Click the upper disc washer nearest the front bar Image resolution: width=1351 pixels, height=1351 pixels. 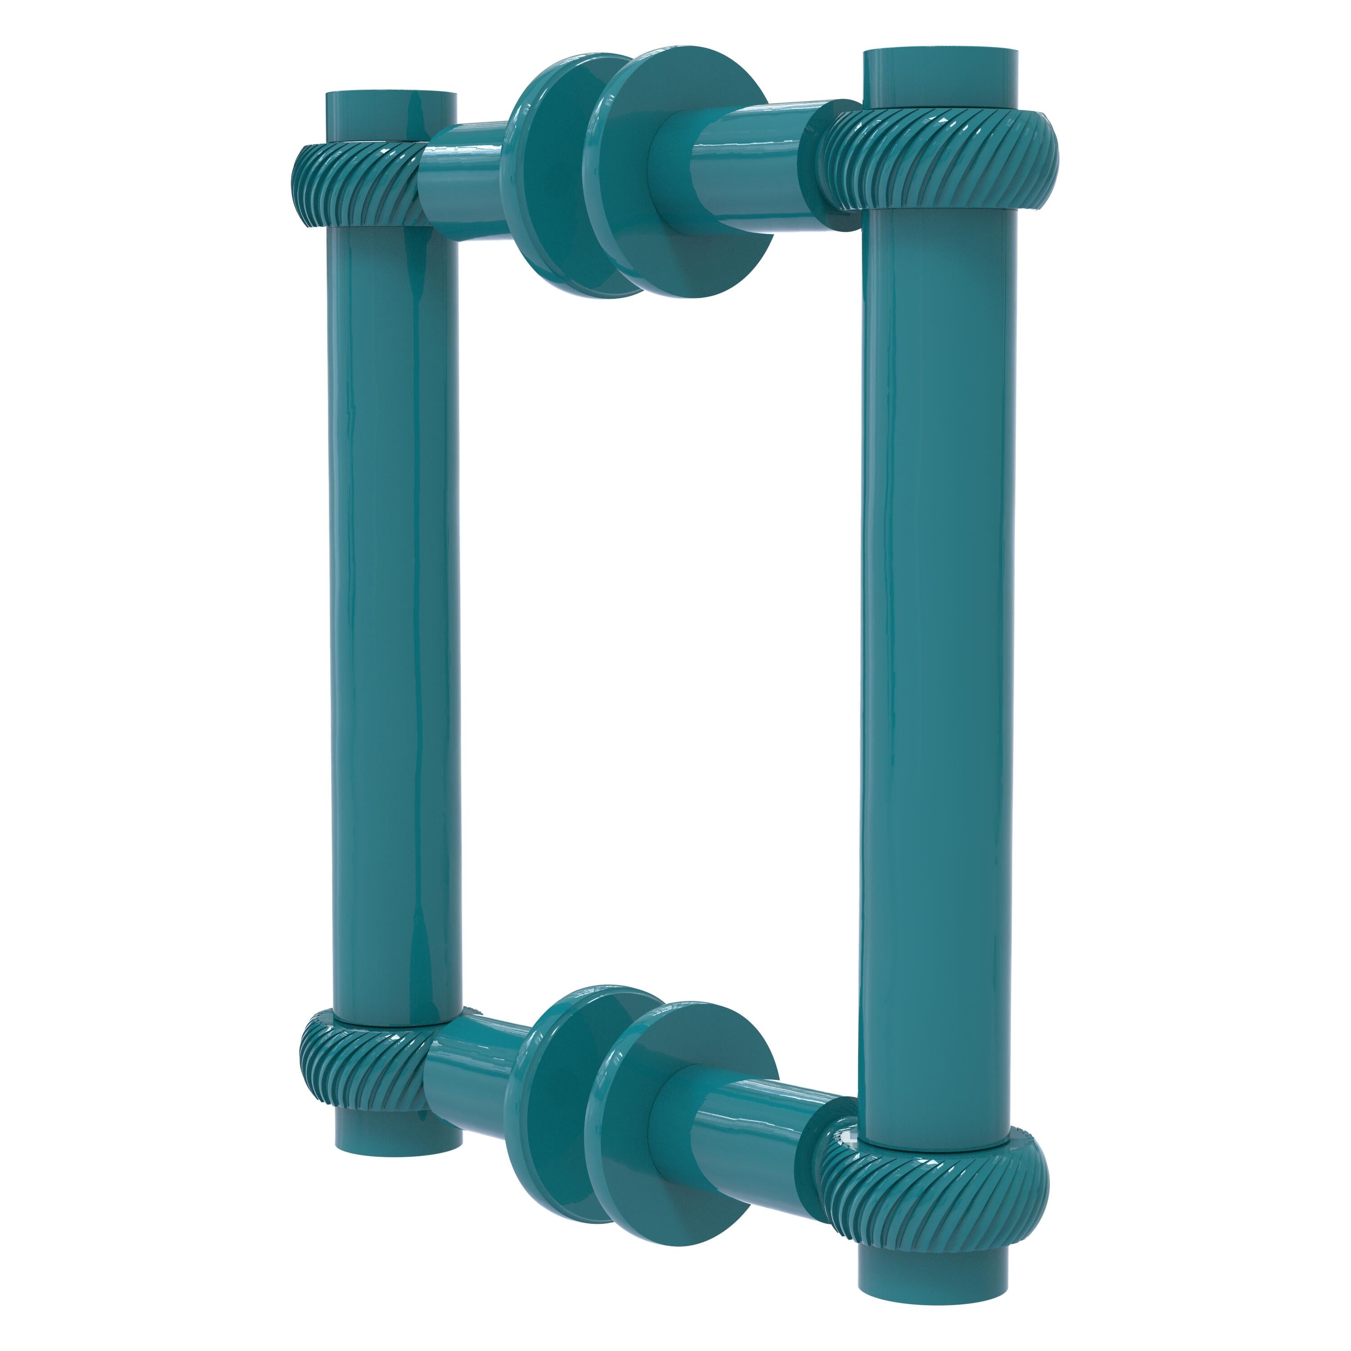(x=682, y=175)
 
